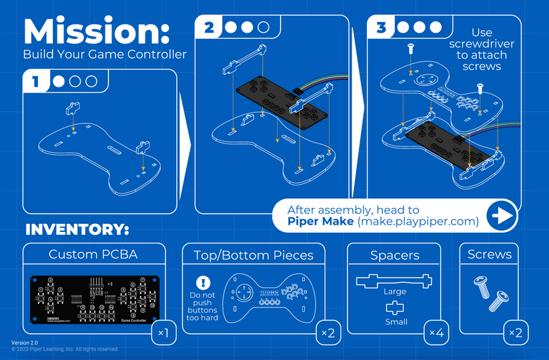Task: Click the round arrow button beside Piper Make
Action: (502, 216)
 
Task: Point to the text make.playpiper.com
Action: (418, 221)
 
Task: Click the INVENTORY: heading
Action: (77, 230)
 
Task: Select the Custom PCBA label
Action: (94, 255)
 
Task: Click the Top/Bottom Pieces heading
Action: (253, 255)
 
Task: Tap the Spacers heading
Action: (394, 255)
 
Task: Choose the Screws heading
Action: (490, 255)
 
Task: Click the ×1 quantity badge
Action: (163, 332)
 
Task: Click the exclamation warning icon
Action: (203, 283)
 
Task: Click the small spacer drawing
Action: (394, 307)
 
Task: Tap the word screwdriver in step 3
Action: (481, 43)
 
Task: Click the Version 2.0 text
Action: (25, 343)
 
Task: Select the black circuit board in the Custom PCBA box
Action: (93, 300)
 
